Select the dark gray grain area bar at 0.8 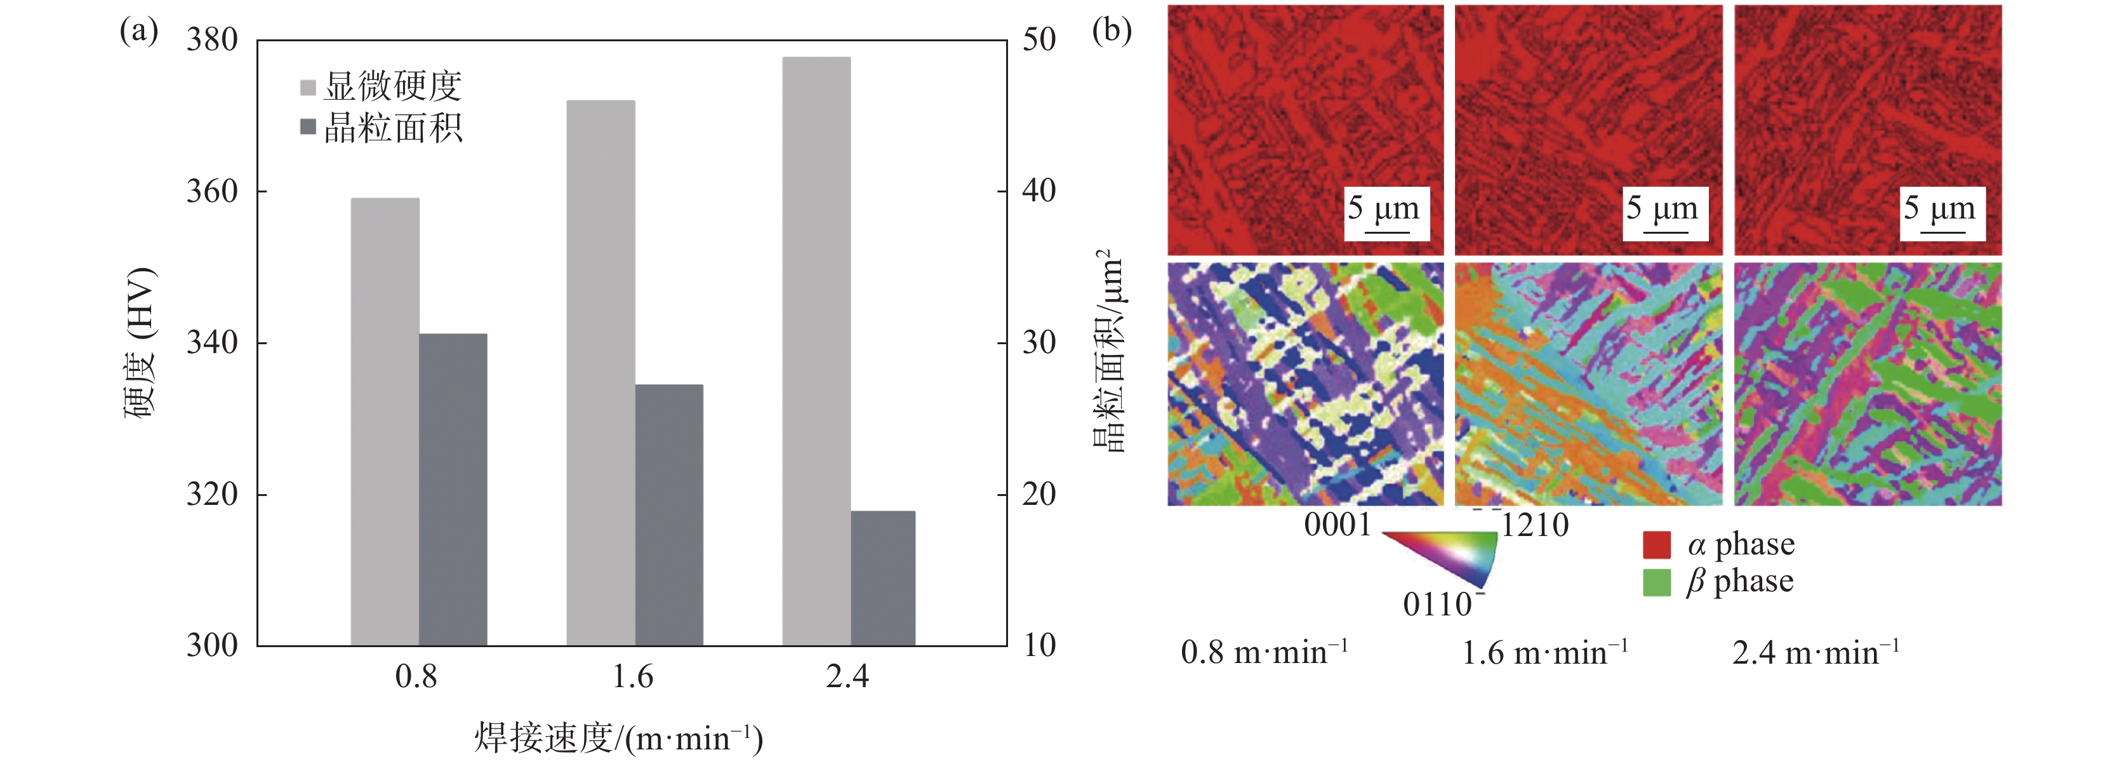453,489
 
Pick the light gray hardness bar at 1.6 601,372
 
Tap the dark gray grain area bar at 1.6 668,515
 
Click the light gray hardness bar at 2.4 816,351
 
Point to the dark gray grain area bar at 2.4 883,577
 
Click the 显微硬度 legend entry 381,86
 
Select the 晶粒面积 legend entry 381,128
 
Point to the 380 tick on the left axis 212,39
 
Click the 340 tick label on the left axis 212,342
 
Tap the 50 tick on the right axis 1039,39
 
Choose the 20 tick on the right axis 1039,494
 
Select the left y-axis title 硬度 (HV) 140,342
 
